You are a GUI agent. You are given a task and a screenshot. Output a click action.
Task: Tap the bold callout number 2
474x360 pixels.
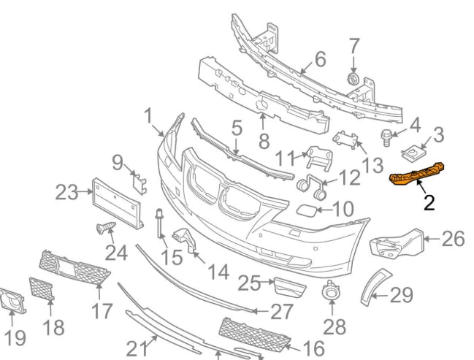pos(429,202)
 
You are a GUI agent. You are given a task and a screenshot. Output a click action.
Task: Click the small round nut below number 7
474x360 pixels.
pos(351,78)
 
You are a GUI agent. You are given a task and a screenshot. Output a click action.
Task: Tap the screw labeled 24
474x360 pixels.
pos(104,229)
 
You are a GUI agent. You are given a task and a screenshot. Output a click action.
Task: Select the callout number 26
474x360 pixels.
pos(453,239)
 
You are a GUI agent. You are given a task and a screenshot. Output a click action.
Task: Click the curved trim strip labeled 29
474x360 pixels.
pos(373,286)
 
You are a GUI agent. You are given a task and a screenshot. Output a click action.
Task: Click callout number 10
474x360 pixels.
pos(343,209)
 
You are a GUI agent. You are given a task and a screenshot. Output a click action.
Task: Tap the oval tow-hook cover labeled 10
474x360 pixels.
pos(305,212)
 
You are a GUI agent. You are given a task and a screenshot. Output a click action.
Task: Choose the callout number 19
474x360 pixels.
pos(14,337)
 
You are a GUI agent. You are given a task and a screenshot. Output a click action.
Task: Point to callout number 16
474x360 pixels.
pos(313,349)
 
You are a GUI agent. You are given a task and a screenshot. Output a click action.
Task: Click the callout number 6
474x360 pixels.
pos(319,58)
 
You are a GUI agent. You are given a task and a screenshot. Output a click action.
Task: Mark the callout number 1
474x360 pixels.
pos(148,116)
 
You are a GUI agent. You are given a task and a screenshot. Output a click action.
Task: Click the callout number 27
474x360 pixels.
pos(281,312)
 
